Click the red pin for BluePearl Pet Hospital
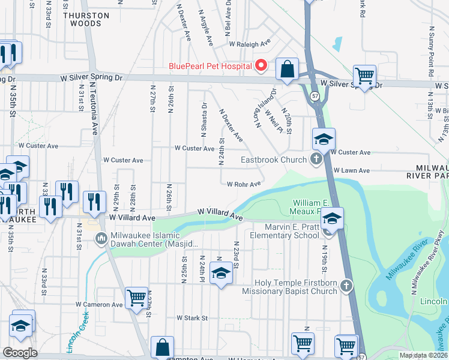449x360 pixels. [x=261, y=65]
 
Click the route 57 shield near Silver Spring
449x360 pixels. [x=315, y=95]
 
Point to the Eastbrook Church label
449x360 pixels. [x=274, y=160]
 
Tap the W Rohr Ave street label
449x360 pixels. [x=243, y=184]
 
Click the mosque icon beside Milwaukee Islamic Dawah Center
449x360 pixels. [x=100, y=239]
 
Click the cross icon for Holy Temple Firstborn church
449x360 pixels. [x=346, y=287]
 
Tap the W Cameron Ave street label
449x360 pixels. [x=99, y=304]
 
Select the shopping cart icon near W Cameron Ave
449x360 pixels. [x=136, y=297]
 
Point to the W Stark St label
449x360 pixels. [x=191, y=317]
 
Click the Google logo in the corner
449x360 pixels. [x=20, y=353]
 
